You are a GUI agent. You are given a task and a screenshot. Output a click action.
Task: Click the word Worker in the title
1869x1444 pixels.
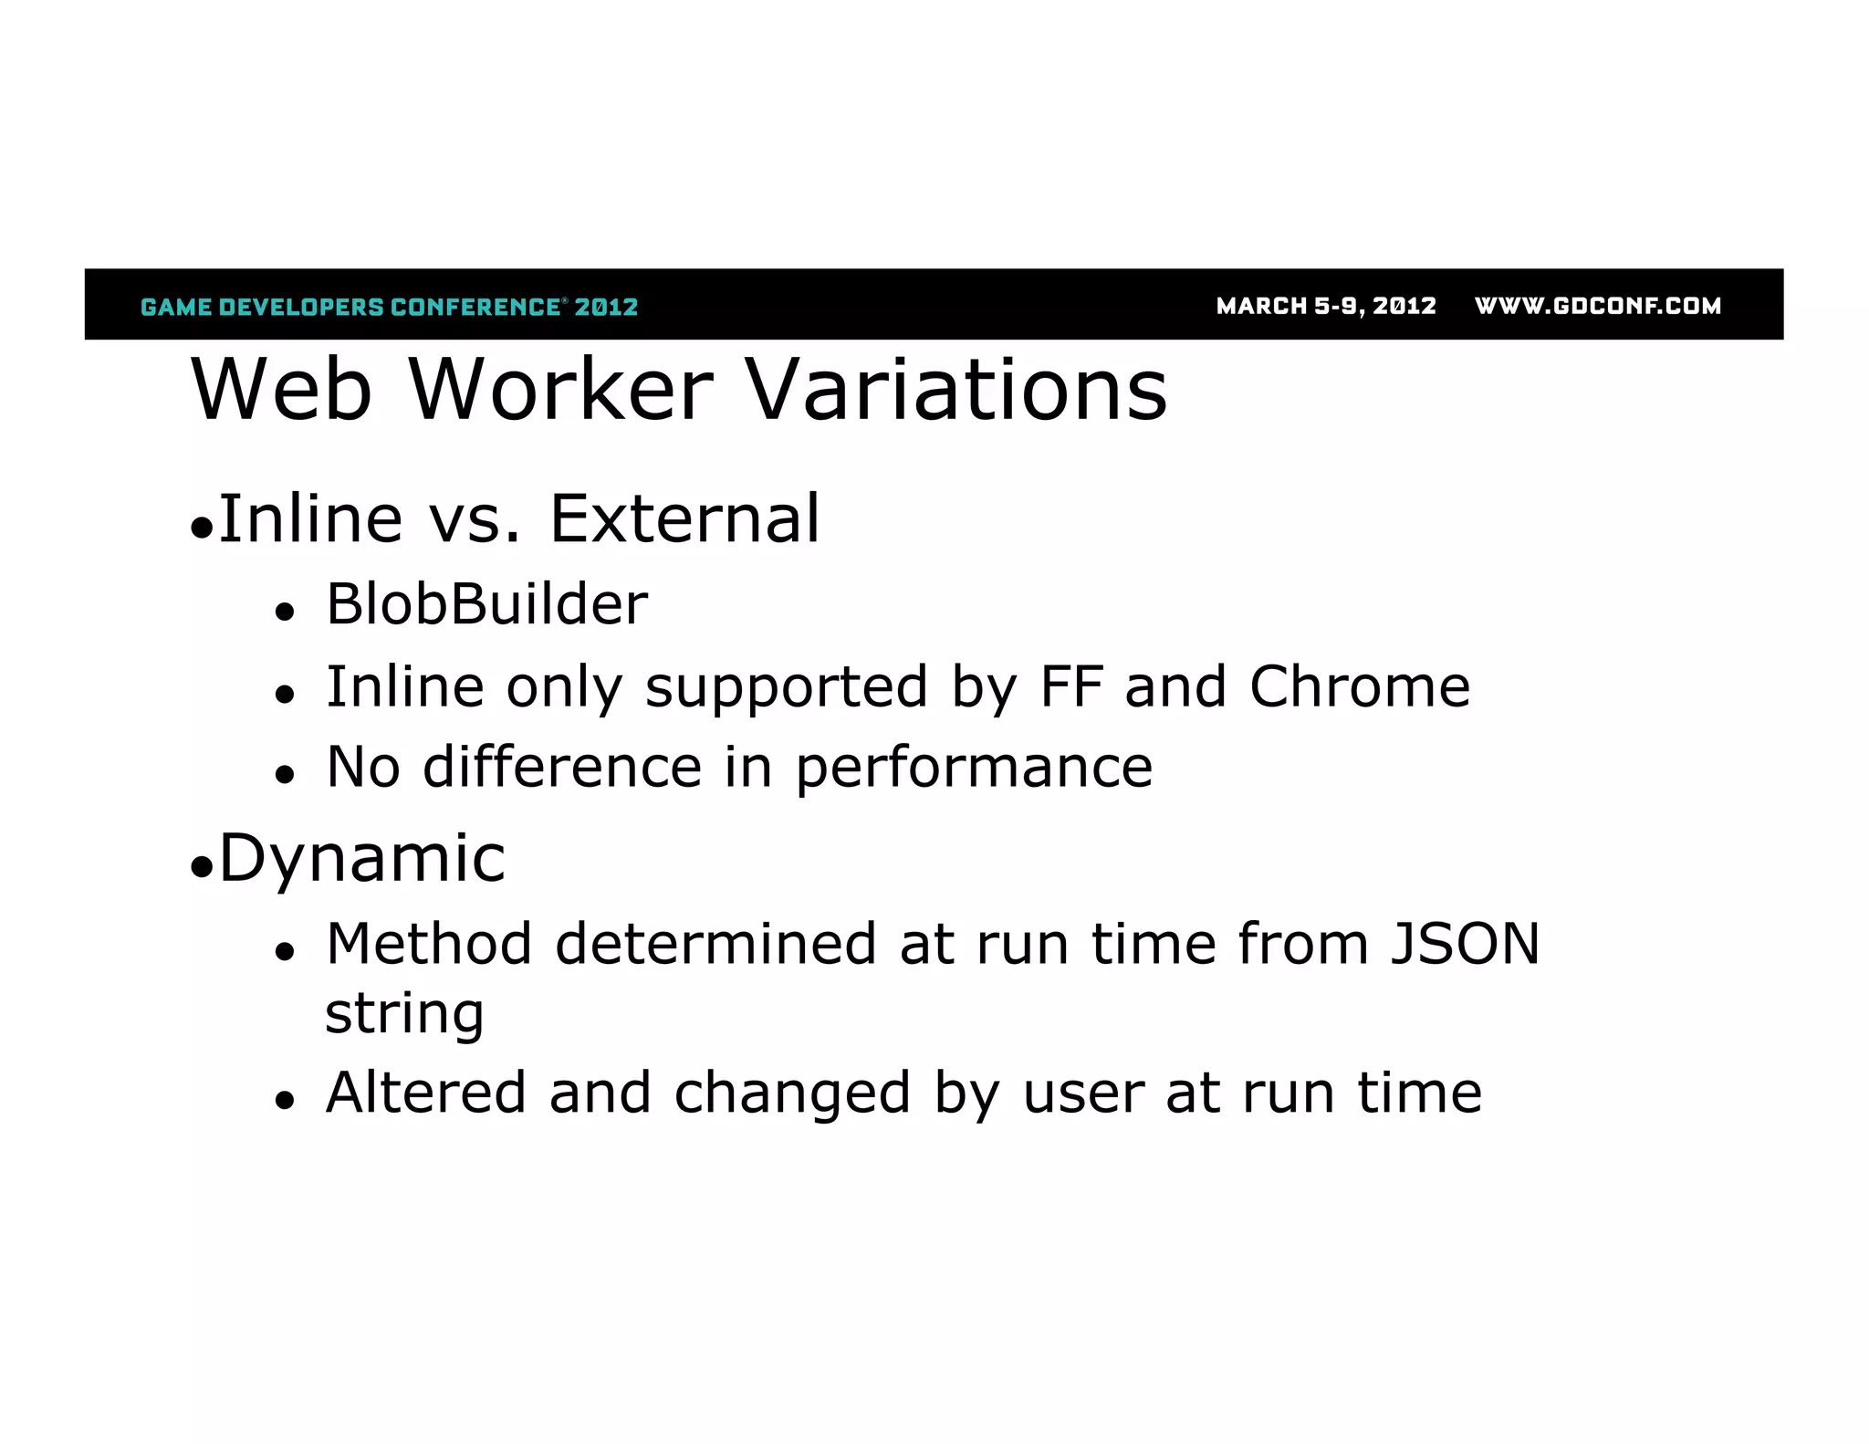coord(560,390)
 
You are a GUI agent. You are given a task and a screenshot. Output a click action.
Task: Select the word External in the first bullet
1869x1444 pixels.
coord(684,518)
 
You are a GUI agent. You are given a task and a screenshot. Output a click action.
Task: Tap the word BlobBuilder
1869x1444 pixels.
coord(486,604)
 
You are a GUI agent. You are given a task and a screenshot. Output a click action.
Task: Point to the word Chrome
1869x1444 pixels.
coord(1359,686)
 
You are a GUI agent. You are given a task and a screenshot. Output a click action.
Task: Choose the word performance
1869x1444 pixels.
coord(973,768)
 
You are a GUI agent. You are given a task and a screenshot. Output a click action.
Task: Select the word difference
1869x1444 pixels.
coord(561,767)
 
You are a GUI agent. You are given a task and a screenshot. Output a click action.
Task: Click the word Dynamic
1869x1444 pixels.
coord(361,859)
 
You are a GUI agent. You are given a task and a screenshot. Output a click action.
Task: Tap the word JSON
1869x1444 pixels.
coord(1464,944)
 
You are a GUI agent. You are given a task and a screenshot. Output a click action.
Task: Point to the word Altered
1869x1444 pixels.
coord(425,1093)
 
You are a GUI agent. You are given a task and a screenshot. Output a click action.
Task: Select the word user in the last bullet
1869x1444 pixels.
coord(1082,1093)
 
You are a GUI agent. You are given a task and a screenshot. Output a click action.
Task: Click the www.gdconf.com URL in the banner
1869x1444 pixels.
coord(1597,306)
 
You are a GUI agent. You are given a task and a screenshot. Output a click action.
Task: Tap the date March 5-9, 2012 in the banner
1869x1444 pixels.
coord(1325,306)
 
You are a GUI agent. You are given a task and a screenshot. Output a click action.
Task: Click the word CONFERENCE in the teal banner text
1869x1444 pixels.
coord(475,307)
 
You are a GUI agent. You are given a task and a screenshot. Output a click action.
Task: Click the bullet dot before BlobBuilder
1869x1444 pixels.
coord(286,612)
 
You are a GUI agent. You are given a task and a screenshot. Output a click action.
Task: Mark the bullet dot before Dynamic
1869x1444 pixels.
coord(202,867)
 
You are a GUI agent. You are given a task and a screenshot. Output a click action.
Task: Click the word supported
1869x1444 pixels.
coord(786,687)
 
